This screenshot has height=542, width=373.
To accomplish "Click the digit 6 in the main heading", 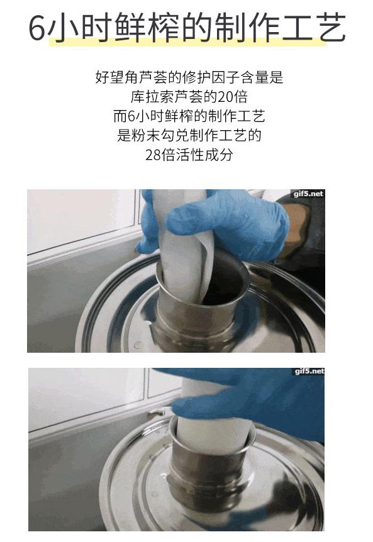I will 38,28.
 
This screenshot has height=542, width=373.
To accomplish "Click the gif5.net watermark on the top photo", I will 308,194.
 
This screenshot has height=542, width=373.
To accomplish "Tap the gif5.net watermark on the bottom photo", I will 308,372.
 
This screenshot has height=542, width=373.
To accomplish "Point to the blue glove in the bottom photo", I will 264,396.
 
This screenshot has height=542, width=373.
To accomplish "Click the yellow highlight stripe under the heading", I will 189,41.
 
